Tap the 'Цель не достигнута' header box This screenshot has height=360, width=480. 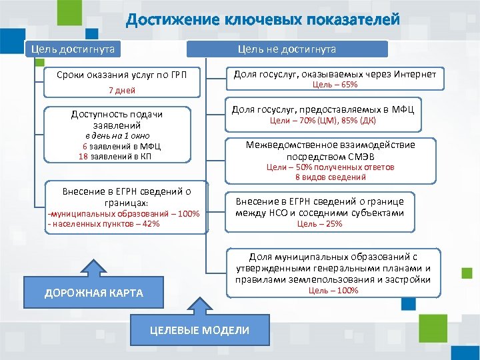tap(287, 49)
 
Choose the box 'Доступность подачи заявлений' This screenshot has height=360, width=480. tap(117, 119)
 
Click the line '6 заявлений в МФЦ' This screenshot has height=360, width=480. tap(121, 146)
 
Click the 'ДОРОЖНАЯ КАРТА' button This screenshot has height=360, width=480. tap(93, 293)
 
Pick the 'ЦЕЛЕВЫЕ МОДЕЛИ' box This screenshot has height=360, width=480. tap(199, 331)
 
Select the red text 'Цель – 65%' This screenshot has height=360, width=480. tap(335, 85)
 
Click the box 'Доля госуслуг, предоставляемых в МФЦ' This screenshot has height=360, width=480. tap(322, 109)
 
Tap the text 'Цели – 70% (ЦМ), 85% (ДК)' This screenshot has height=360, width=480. tap(323, 121)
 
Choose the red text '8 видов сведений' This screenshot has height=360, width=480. tap(331, 177)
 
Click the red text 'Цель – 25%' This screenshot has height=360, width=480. tap(319, 224)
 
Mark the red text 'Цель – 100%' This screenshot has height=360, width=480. tap(333, 291)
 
